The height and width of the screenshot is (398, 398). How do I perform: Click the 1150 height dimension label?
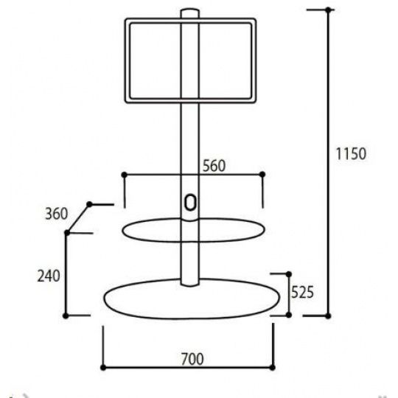pos(351,153)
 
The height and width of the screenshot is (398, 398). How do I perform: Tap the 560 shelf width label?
pos(214,166)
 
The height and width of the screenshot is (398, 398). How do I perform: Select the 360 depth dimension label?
pos(56,214)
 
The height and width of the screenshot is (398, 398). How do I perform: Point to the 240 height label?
pos(49,276)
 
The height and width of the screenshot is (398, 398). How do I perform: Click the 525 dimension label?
pos(302,292)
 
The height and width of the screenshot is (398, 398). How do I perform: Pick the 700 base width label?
pos(192,359)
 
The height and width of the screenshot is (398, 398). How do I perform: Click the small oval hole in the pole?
pos(190,203)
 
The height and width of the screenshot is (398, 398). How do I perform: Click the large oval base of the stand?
pos(104,298)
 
